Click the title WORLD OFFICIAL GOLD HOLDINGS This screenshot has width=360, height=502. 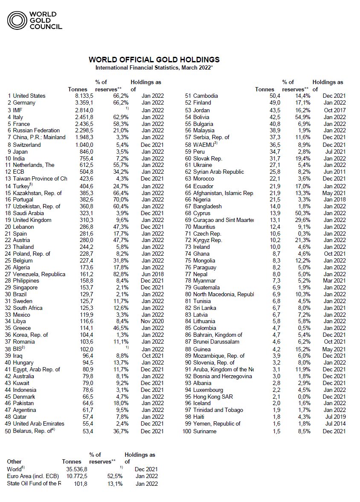coord(154,59)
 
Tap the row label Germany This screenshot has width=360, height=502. coord(24,103)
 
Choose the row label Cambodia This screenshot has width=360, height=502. coord(205,96)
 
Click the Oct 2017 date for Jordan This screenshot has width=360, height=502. coord(334,110)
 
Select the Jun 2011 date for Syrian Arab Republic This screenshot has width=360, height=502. coord(334,172)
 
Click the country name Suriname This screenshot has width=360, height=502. coord(205,432)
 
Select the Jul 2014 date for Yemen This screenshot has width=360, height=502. coord(335,424)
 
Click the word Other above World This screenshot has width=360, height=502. coord(14,462)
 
